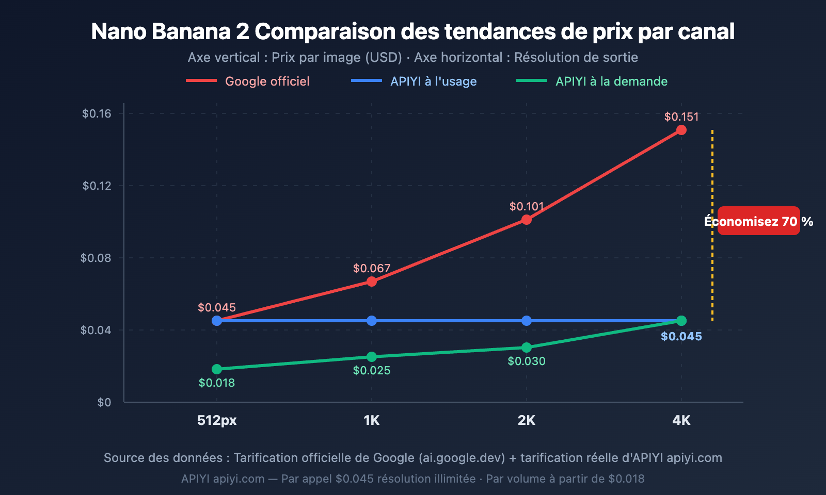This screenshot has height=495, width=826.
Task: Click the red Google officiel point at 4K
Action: pos(681,130)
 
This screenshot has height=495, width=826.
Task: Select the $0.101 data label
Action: pos(527,206)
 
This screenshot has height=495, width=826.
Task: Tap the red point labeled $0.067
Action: pos(372,282)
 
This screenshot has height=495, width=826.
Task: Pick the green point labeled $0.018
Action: pos(217,369)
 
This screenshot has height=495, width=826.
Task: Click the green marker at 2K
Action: pos(527,348)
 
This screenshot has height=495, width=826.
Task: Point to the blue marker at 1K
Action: pos(372,321)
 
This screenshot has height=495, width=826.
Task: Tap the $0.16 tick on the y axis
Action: pos(97,113)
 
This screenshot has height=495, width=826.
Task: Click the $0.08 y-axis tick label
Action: pos(96,258)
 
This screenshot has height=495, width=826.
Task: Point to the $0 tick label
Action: pos(104,402)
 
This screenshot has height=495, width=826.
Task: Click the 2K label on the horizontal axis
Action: pos(527,420)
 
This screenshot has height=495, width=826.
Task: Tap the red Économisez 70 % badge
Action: pos(758,221)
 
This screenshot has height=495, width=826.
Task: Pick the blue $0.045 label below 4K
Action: pos(681,336)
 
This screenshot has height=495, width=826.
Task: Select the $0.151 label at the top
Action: pos(681,117)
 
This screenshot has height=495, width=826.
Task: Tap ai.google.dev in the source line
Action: pos(462,458)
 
